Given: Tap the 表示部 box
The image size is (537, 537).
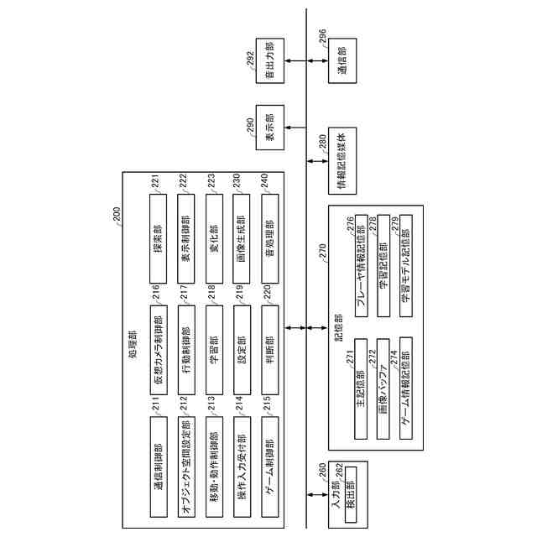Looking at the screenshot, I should click(270, 128).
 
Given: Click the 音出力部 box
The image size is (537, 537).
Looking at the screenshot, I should click(270, 61).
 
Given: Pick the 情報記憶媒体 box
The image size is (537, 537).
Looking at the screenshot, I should click(342, 159).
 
